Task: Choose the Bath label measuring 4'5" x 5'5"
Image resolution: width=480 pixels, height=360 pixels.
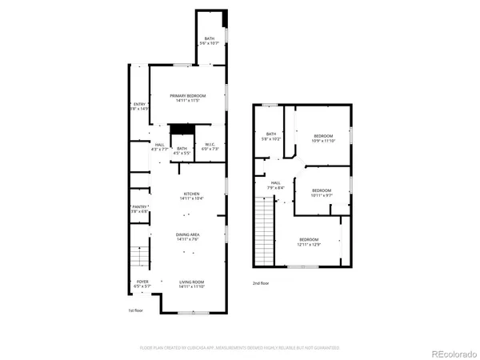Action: (182, 150)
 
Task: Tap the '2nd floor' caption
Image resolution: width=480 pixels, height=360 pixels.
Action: (261, 283)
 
